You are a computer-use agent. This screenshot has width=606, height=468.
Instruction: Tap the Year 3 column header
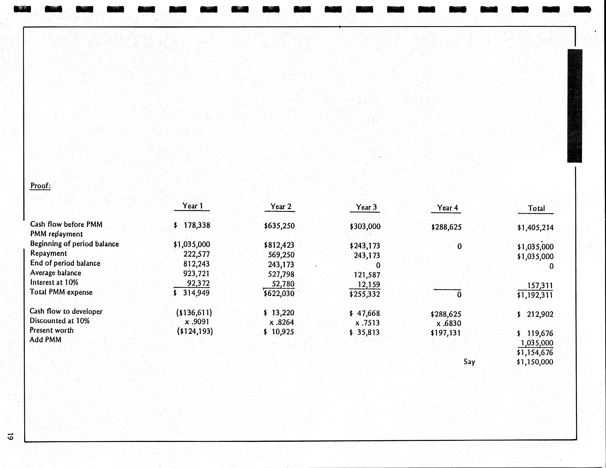366,207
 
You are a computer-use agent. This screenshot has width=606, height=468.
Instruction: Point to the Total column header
536,208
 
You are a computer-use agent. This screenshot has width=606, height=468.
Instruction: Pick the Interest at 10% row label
54,282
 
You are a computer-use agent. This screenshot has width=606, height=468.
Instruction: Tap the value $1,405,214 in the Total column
535,228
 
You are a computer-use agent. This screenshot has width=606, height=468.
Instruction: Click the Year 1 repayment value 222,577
196,254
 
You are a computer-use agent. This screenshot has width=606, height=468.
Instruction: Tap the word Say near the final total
469,362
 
